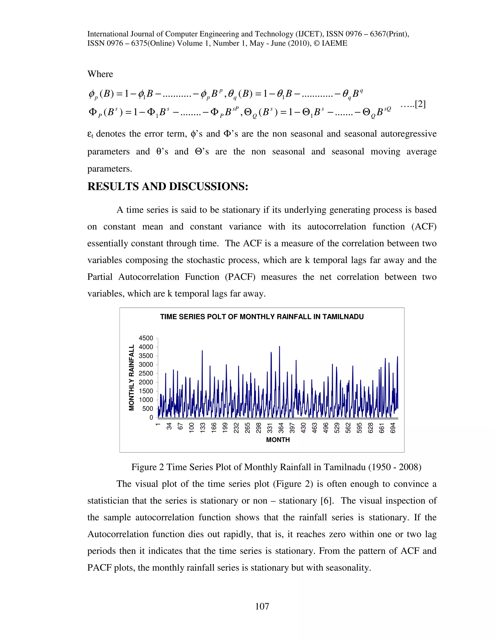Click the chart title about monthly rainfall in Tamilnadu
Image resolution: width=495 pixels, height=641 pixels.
pyautogui.click(x=262, y=317)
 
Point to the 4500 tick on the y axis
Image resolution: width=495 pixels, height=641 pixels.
pyautogui.click(x=146, y=338)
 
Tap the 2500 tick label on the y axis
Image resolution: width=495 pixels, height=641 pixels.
pyautogui.click(x=146, y=373)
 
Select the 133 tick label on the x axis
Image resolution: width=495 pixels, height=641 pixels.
pyautogui.click(x=203, y=428)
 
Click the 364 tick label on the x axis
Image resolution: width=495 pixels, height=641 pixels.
pyautogui.click(x=281, y=428)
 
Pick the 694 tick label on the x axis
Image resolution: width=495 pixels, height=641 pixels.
pyautogui.click(x=393, y=428)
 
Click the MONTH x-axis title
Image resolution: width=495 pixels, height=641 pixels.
pyautogui.click(x=278, y=440)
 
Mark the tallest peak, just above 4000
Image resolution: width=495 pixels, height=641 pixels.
pyautogui.click(x=279, y=347)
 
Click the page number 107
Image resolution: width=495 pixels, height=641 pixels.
pyautogui.click(x=262, y=606)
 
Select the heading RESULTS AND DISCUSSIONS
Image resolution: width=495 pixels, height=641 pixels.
pyautogui.click(x=168, y=187)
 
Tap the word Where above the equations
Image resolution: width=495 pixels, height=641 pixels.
pyautogui.click(x=100, y=74)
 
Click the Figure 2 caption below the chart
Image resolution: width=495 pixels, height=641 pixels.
pyautogui.click(x=276, y=467)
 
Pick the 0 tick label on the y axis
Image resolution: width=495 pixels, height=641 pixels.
pyautogui.click(x=151, y=417)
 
